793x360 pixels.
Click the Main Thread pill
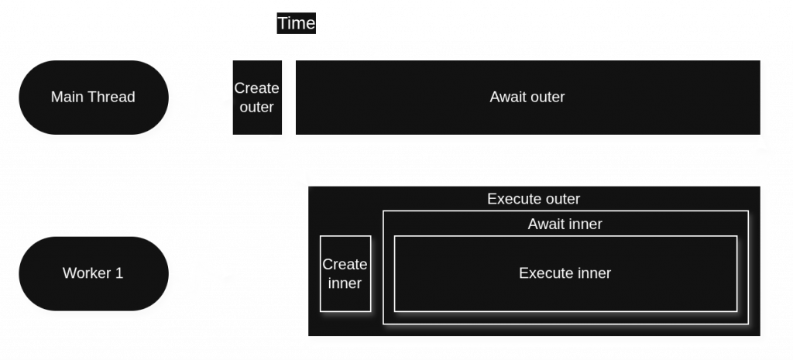coord(93,98)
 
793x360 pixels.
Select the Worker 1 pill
coord(93,273)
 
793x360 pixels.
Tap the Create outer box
coord(257,98)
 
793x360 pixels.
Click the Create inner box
coord(345,274)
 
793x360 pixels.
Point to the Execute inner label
coord(565,273)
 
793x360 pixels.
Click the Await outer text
coord(527,98)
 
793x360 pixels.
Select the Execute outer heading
coord(533,199)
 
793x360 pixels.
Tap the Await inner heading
coord(565,225)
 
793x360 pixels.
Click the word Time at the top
coord(297,23)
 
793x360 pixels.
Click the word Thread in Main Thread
coord(112,98)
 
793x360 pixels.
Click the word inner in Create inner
coord(345,283)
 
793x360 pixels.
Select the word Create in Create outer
coord(257,88)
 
